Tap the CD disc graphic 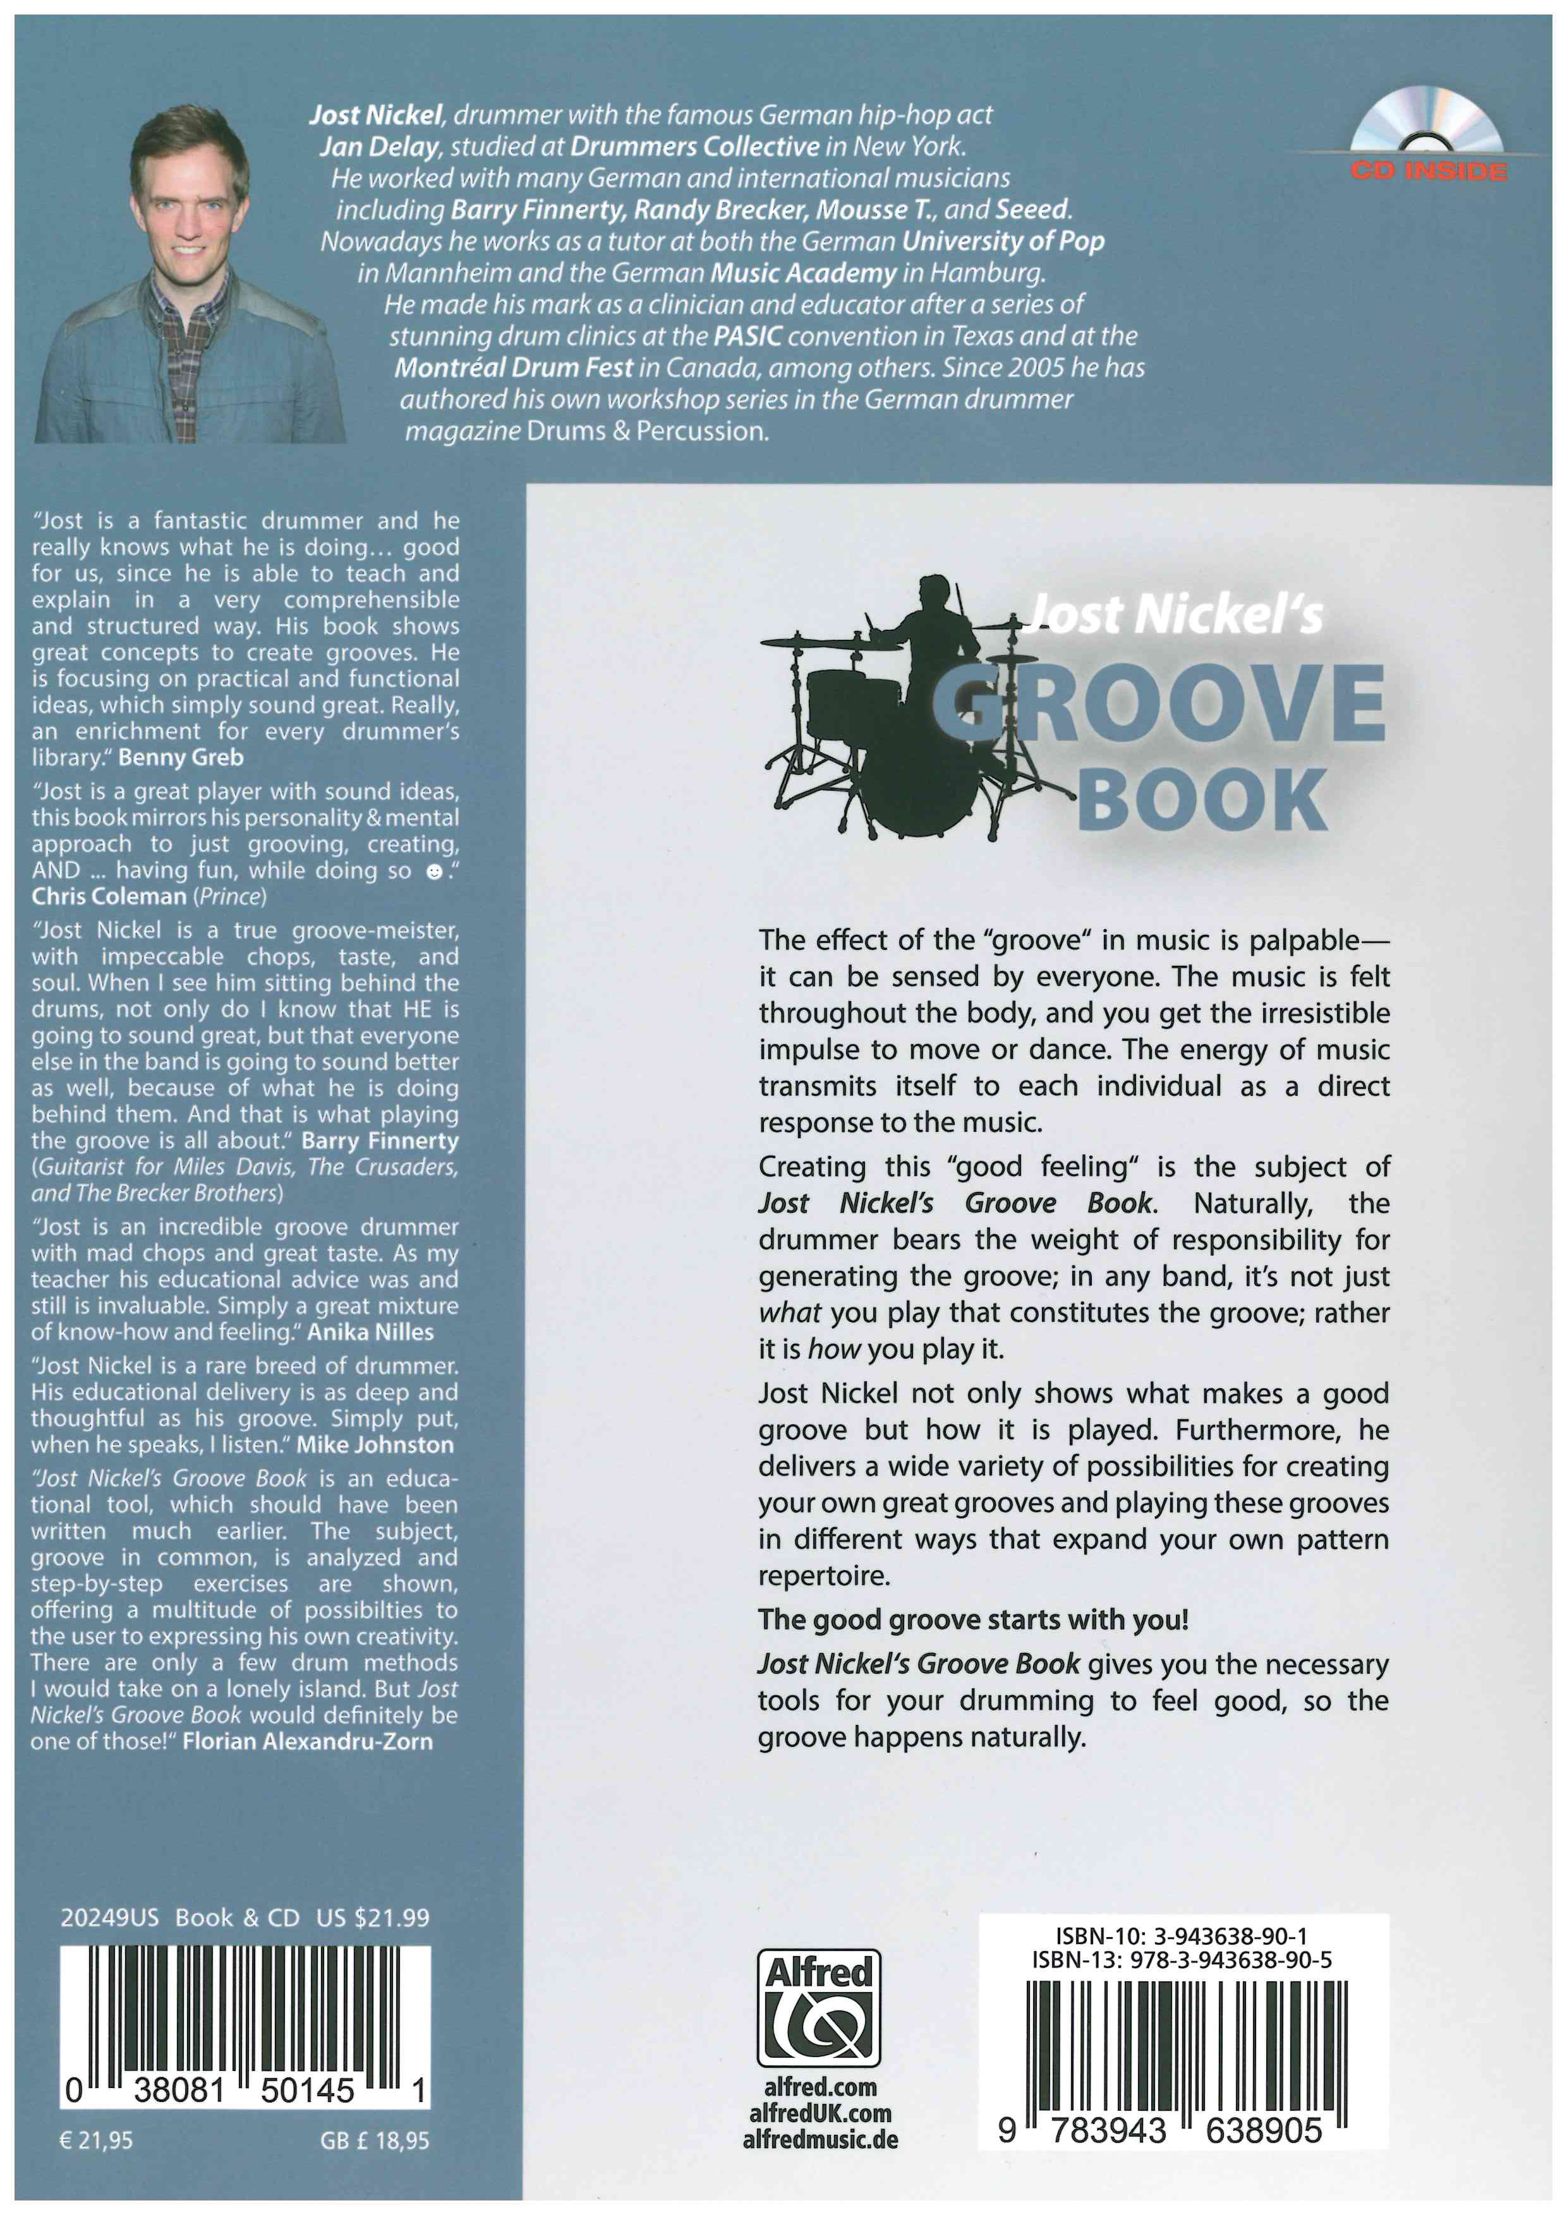tap(1426, 121)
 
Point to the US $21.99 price tap(372, 1918)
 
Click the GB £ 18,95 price tap(375, 2140)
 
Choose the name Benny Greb tap(181, 757)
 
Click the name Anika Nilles tap(370, 1332)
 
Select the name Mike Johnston tap(375, 1445)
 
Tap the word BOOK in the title tap(1202, 799)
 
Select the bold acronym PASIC tap(747, 337)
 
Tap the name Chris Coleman tap(109, 896)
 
